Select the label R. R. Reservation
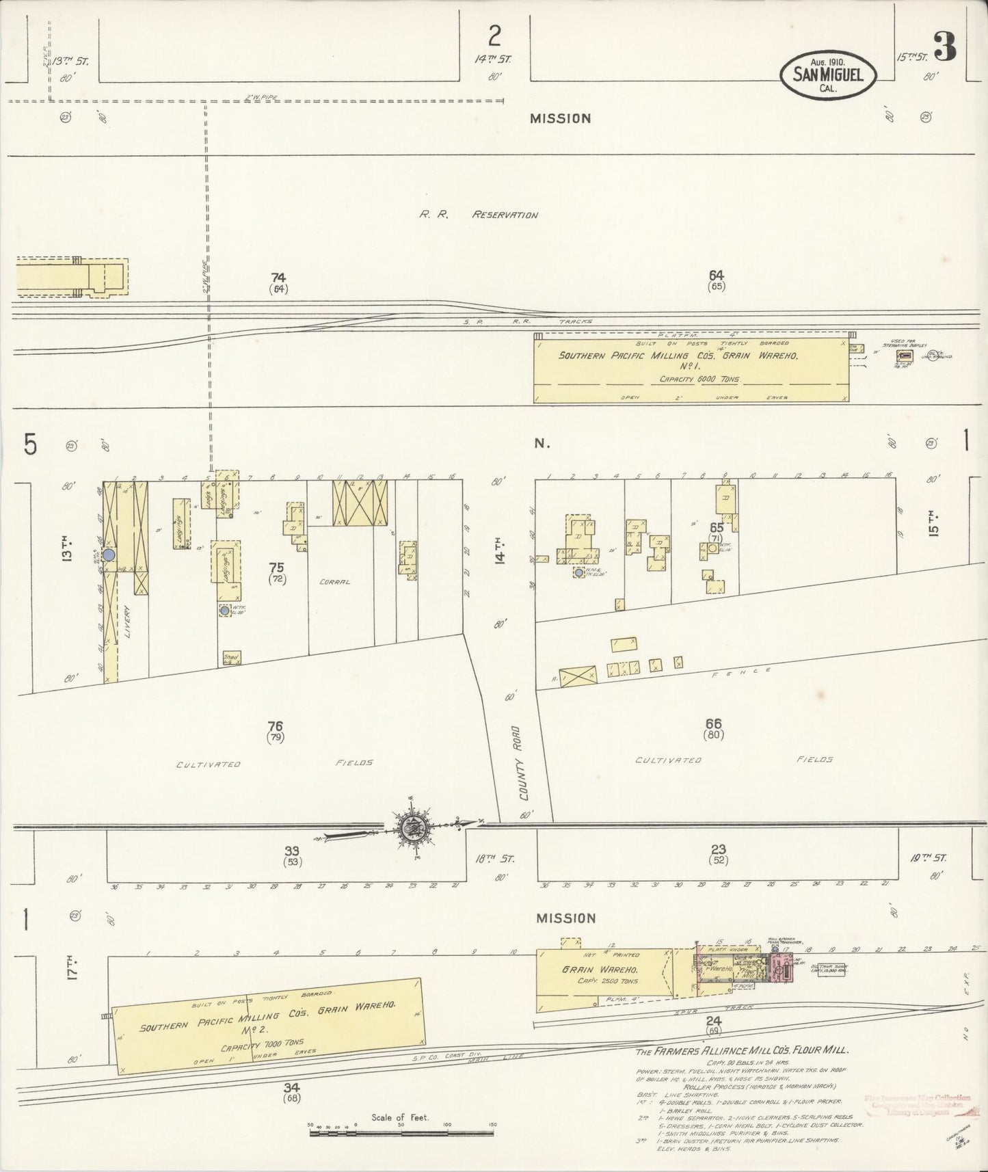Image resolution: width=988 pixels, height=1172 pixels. click(x=478, y=215)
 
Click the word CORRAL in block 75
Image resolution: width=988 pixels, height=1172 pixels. click(x=334, y=582)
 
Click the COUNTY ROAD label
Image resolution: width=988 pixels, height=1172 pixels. click(x=524, y=763)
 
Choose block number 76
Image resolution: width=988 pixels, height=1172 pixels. click(x=276, y=725)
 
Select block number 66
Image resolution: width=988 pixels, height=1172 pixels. click(x=713, y=723)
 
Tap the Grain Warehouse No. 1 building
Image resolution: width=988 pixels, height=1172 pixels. click(x=691, y=369)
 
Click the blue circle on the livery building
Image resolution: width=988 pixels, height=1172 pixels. click(x=108, y=555)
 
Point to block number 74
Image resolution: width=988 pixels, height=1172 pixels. click(x=278, y=277)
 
